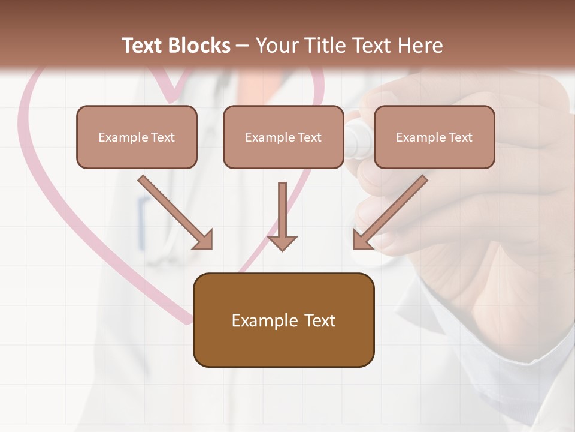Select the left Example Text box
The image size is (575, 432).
137,137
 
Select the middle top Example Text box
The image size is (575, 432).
283,137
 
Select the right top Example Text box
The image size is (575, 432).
434,137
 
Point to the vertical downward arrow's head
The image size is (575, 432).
282,242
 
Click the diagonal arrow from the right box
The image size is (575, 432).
389,213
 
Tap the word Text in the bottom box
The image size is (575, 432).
322,321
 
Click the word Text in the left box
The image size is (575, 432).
162,137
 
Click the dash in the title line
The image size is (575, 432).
243,46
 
